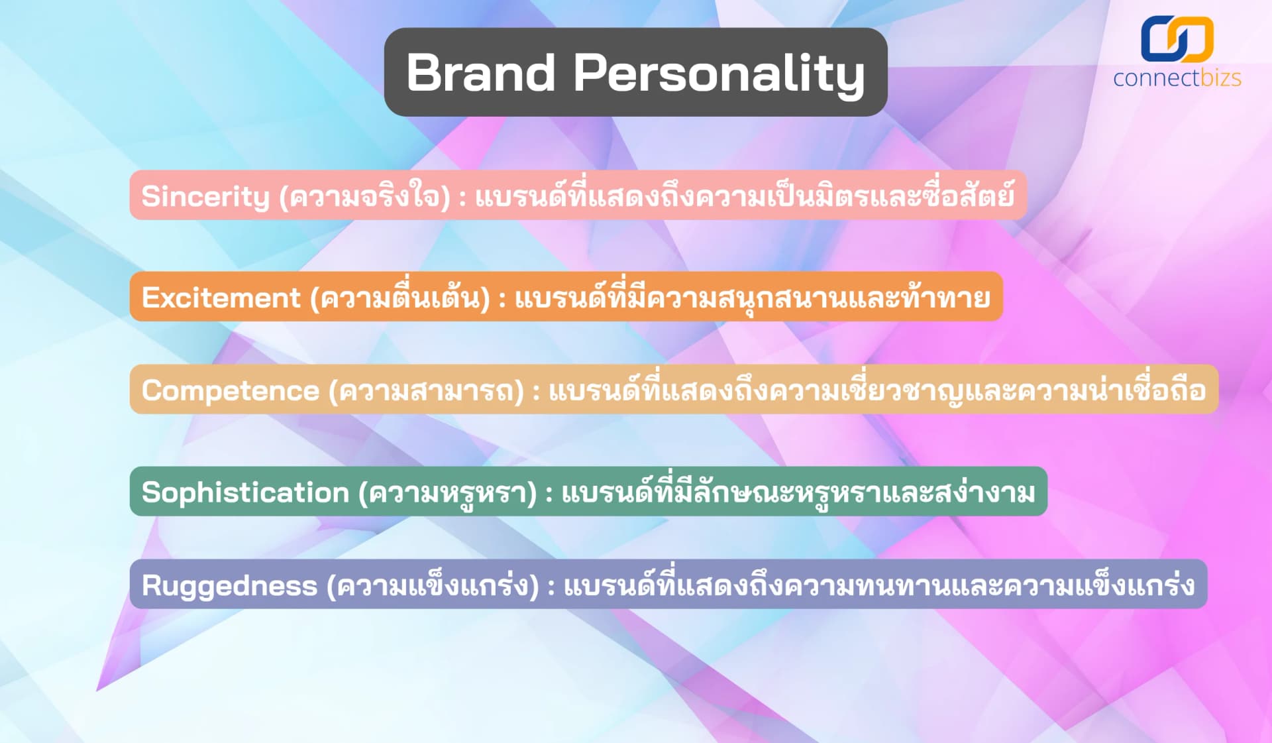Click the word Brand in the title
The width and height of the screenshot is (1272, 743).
[x=480, y=72]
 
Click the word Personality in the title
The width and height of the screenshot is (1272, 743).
[x=719, y=74]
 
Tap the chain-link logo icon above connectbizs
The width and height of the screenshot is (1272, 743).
[x=1177, y=39]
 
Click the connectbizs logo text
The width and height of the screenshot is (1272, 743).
[x=1177, y=78]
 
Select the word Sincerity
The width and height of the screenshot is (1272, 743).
[x=205, y=196]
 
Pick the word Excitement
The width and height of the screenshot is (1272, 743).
[x=221, y=298]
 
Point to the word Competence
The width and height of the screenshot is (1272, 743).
[x=230, y=390]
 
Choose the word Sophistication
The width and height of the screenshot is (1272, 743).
[x=245, y=492]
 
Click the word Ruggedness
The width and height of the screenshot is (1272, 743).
[x=229, y=586]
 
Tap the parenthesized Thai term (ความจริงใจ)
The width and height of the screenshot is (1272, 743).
[x=365, y=196]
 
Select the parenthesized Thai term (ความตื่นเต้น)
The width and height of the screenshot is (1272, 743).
[x=400, y=298]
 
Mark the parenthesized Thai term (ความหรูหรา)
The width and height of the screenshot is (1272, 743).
[x=447, y=492]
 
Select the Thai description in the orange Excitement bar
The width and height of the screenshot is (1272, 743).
[x=752, y=298]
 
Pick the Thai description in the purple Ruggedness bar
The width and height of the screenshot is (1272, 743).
[x=879, y=586]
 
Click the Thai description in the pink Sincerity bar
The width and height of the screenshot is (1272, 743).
[x=745, y=196]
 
